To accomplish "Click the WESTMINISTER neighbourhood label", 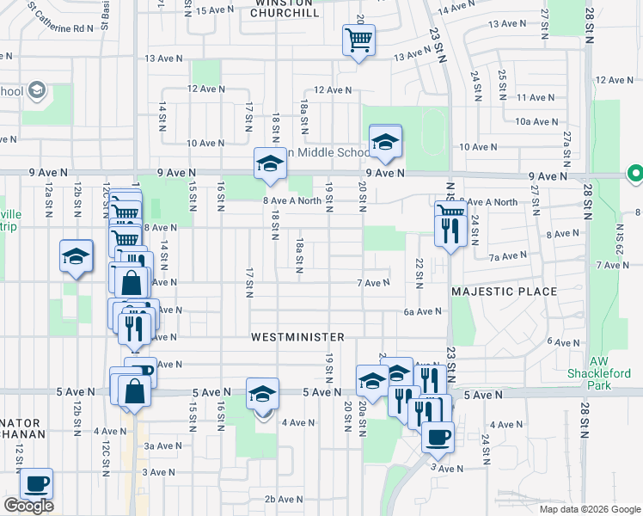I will coord(298,337).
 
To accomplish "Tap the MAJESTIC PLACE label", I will coord(505,292).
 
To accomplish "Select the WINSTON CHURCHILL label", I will coord(286,9).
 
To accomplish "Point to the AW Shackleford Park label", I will coord(611,373).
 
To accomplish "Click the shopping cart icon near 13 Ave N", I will coord(358,40).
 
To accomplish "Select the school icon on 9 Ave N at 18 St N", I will coord(270,164).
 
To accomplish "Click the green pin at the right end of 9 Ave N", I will coord(635,175).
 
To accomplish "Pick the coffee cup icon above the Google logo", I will coord(36,484).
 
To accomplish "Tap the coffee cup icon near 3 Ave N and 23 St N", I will coord(438,436).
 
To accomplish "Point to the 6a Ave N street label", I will coord(422,312).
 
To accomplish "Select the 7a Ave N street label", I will coord(507,256).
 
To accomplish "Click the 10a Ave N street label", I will coord(538,122).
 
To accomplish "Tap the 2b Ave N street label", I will coord(281,499).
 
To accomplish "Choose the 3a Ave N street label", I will coord(162,445).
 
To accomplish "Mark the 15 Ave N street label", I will coord(216,10).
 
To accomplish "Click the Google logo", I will coord(28,506).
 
